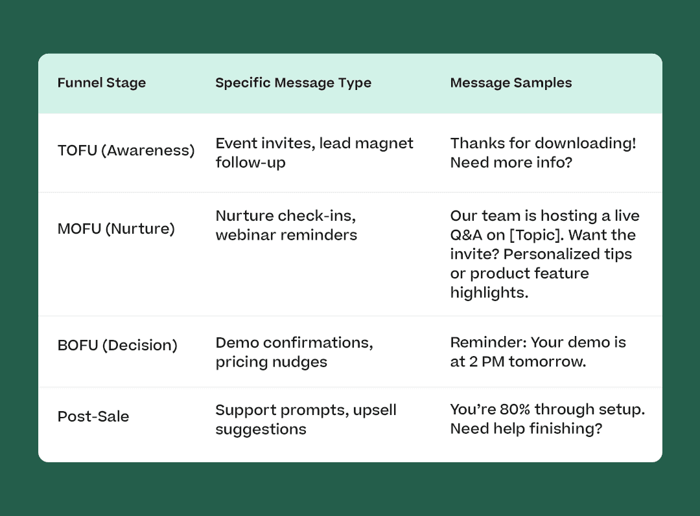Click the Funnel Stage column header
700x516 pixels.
pos(101,83)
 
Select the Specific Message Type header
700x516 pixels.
pos(294,83)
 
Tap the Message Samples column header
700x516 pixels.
pos(511,83)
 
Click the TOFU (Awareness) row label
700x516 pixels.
pos(126,151)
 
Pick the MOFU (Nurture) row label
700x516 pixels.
pos(116,229)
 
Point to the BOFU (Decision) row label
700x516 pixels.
pos(117,345)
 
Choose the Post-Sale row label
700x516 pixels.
pos(93,416)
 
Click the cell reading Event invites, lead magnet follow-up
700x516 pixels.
pos(314,153)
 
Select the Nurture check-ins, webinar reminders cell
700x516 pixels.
pos(286,225)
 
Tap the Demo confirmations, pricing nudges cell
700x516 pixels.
pos(294,352)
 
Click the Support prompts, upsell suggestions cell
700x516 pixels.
pos(306,420)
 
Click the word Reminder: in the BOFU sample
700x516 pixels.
pos(489,342)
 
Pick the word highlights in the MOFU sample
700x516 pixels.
pos(489,293)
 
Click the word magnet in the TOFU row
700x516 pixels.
pos(384,144)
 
